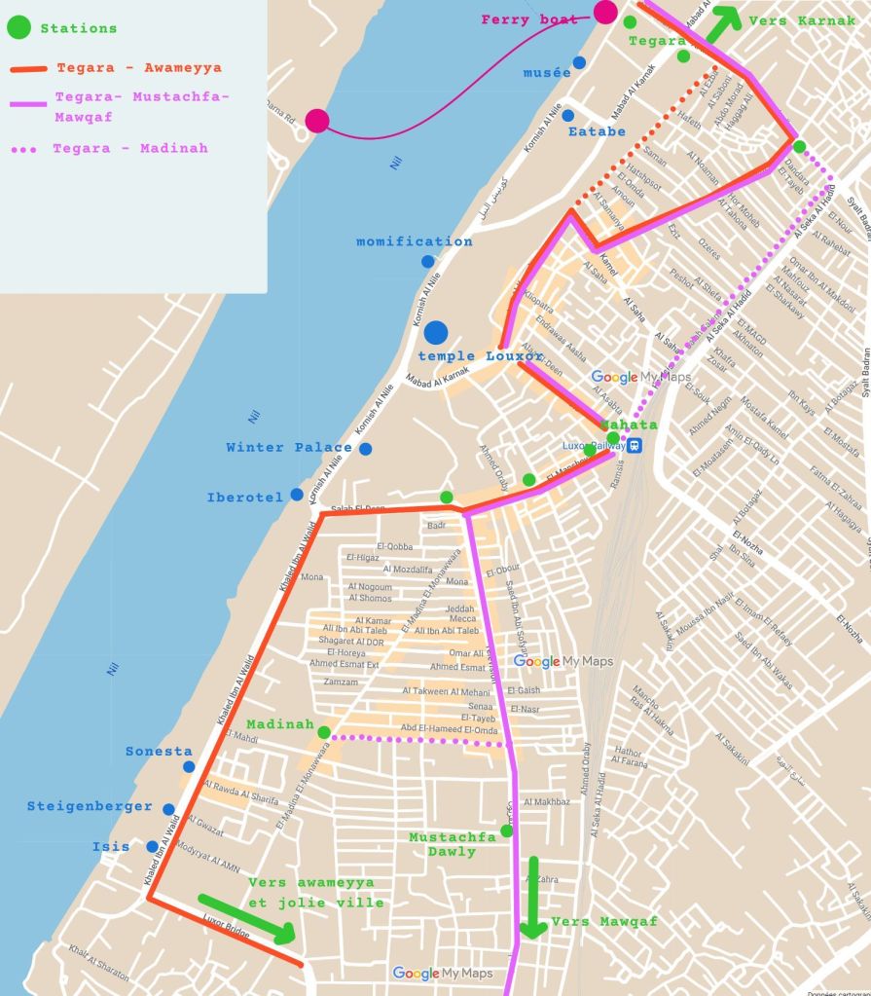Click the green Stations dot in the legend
tap(18, 27)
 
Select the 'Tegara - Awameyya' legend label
tap(138, 68)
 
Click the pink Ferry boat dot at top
tap(605, 13)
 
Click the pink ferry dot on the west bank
tap(316, 121)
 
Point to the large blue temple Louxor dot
tap(436, 332)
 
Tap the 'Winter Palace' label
tap(289, 448)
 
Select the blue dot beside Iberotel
tap(296, 495)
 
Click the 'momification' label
tap(414, 241)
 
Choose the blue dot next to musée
tap(579, 62)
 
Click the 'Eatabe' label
tap(597, 131)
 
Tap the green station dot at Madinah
tap(323, 732)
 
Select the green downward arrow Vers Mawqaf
tap(532, 897)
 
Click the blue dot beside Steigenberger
tap(168, 809)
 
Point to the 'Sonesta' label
tap(159, 752)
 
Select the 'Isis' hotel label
tap(111, 847)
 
